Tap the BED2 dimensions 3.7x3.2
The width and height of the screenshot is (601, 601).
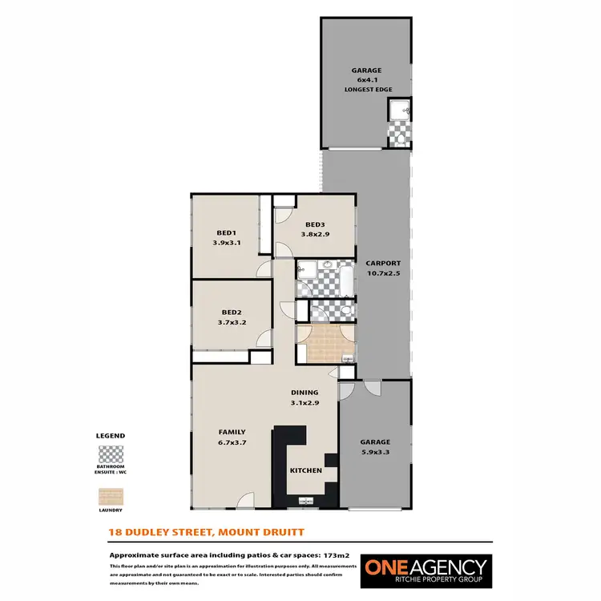click(x=231, y=322)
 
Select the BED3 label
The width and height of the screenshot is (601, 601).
click(x=314, y=224)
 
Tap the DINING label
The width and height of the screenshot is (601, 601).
click(x=305, y=393)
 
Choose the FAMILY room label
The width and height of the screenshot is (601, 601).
click(x=232, y=431)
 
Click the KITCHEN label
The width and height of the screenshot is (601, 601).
click(x=305, y=470)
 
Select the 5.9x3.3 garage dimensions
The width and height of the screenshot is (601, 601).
click(x=374, y=452)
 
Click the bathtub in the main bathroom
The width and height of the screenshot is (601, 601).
click(x=345, y=280)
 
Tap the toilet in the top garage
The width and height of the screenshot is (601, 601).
click(x=398, y=141)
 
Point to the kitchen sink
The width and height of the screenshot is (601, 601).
click(x=307, y=501)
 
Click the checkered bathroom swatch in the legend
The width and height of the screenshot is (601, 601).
click(x=111, y=454)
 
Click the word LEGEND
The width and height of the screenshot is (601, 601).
click(x=111, y=436)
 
